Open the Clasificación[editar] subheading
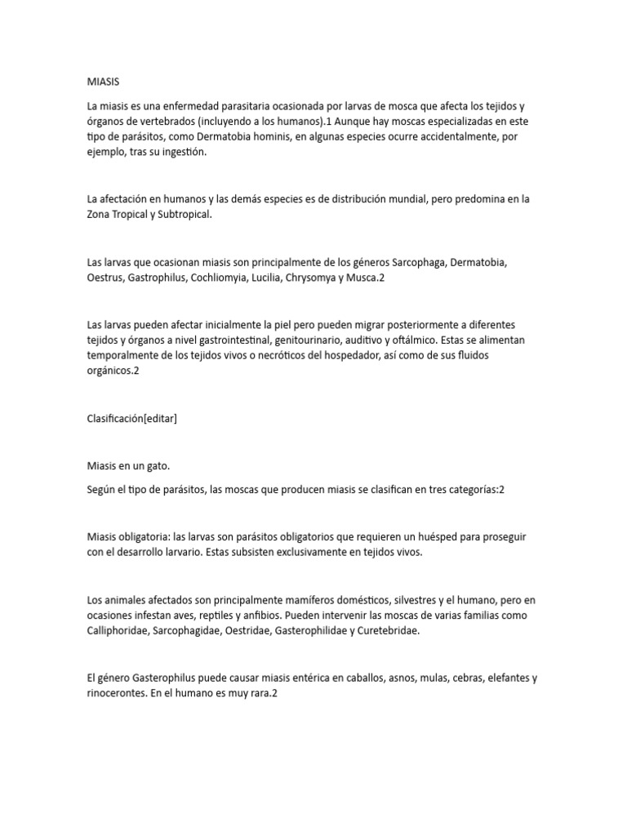pyautogui.click(x=131, y=418)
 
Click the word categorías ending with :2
pyautogui.click(x=474, y=489)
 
